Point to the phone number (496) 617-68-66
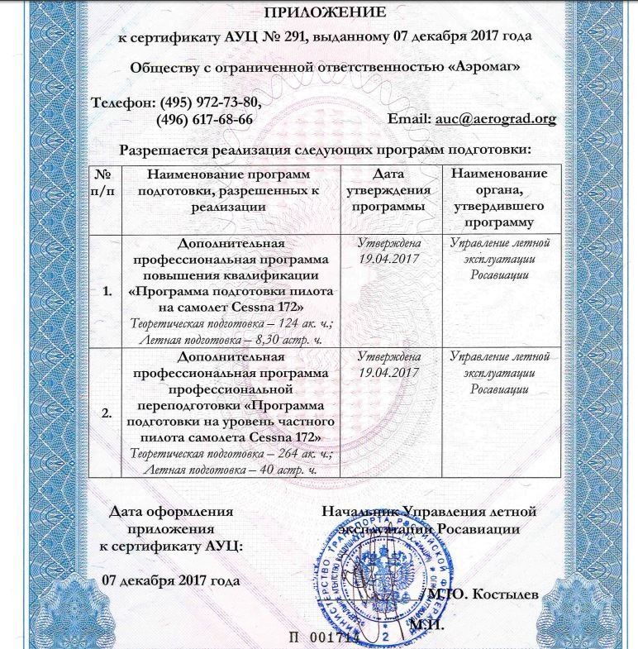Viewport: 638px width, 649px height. (204, 119)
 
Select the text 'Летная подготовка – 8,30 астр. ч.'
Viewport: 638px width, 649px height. (231, 339)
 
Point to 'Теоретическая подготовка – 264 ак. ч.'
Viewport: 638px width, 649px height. (231, 453)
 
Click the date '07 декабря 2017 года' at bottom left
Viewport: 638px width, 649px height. (171, 580)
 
